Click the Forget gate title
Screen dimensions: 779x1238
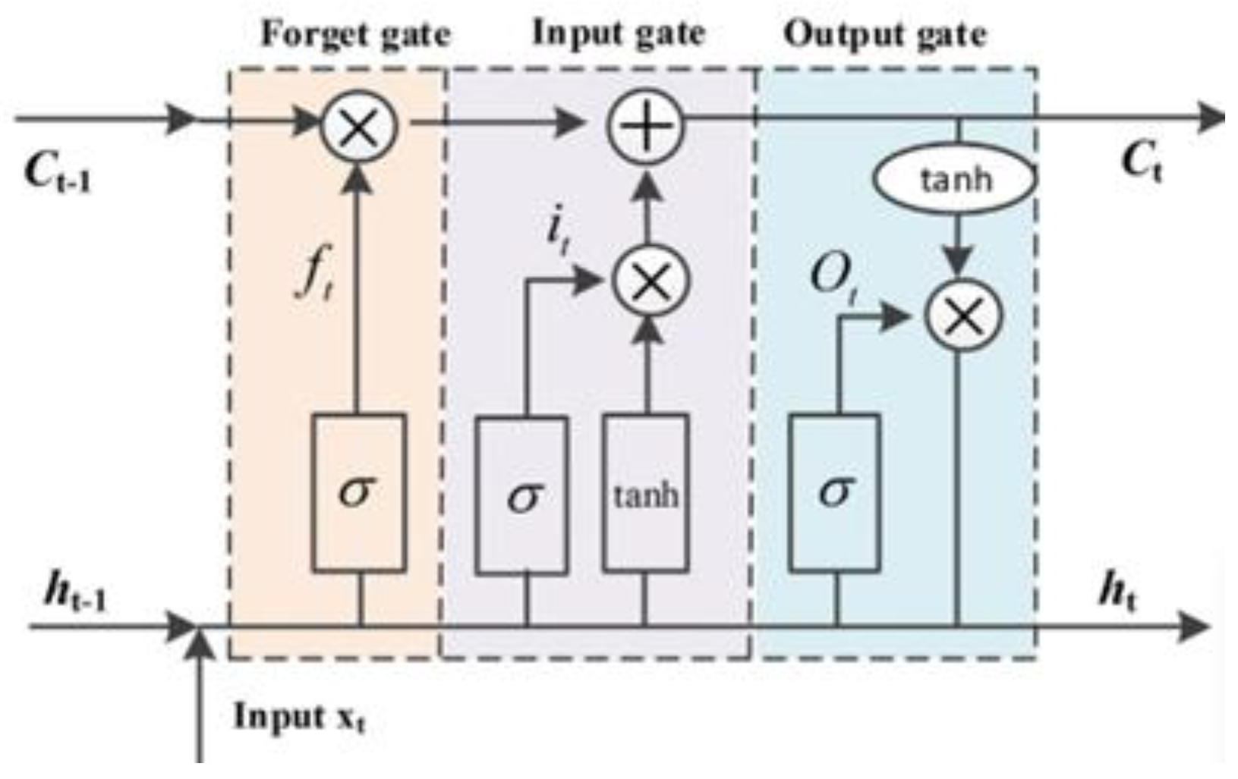[355, 35]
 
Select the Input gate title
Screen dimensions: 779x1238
[619, 33]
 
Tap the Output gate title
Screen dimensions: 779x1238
[885, 35]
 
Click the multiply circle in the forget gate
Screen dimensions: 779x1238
[359, 124]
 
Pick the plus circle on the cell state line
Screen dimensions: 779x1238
[645, 124]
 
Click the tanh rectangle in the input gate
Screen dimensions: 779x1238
[646, 493]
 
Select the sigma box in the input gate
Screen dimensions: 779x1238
[521, 495]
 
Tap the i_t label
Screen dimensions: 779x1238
[558, 234]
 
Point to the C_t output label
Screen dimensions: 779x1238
[1141, 163]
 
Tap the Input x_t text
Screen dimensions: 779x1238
[299, 716]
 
